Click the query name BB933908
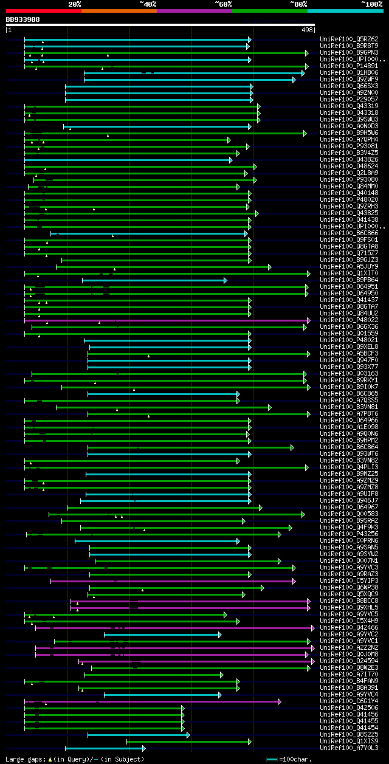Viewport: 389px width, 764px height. pos(22,19)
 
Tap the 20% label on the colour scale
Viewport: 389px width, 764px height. pos(75,4)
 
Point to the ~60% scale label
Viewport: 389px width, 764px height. pos(223,4)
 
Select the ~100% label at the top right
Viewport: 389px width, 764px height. pos(371,4)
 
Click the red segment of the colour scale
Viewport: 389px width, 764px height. pos(43,10)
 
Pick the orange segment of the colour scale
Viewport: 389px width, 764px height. pos(119,10)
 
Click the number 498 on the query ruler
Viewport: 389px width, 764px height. pos(307,29)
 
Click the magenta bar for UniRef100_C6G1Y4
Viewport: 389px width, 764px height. pos(152,701)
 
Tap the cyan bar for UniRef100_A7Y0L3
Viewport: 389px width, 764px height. pos(103,748)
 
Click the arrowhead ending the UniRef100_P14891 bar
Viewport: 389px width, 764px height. pos(307,66)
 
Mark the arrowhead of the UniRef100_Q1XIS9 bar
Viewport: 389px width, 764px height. pos(249,742)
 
